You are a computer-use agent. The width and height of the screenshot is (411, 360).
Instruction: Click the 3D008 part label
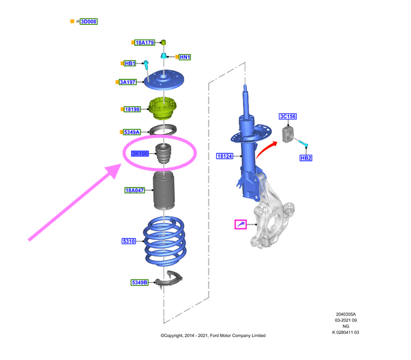click(x=88, y=22)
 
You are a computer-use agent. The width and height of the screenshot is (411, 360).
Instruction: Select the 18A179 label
click(x=144, y=43)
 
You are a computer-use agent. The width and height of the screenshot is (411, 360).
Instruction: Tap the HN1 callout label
click(x=185, y=57)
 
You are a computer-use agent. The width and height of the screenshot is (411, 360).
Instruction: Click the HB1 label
click(x=130, y=64)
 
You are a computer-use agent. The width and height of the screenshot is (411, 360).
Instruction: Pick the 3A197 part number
click(x=128, y=82)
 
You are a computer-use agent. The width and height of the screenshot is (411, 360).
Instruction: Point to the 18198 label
click(x=132, y=109)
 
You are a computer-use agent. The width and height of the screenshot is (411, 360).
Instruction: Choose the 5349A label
click(x=132, y=132)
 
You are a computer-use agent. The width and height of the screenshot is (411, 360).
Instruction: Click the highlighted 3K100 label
click(x=140, y=153)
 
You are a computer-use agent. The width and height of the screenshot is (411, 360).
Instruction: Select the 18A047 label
click(x=136, y=190)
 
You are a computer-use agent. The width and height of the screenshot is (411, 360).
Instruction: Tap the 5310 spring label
click(x=129, y=241)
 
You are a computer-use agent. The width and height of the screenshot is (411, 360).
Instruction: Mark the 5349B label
click(x=139, y=282)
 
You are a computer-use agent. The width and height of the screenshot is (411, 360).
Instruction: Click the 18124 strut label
click(x=225, y=156)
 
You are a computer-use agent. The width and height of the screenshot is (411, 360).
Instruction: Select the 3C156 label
click(x=288, y=116)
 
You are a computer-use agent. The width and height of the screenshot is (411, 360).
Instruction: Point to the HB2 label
click(x=306, y=158)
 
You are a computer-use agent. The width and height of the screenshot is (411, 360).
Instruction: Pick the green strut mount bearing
click(x=165, y=109)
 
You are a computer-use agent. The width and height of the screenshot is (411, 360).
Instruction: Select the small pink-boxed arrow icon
click(x=240, y=224)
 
